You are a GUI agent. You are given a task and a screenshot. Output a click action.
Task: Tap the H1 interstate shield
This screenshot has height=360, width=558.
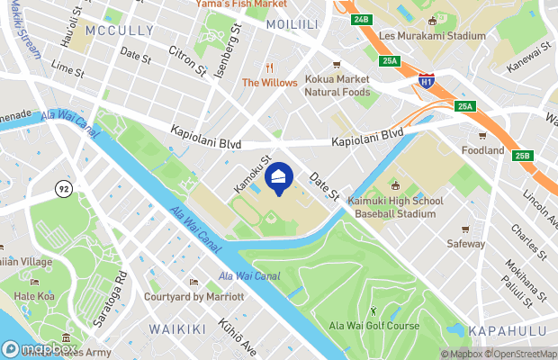[x=426, y=83]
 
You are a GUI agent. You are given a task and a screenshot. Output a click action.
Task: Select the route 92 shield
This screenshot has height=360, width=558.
[x=63, y=189]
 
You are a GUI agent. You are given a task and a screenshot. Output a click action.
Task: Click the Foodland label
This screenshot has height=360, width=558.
[x=482, y=150]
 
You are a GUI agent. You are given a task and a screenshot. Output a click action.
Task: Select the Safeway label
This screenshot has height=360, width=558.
[x=465, y=243]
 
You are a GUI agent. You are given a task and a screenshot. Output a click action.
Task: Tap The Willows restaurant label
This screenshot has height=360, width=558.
[x=269, y=83]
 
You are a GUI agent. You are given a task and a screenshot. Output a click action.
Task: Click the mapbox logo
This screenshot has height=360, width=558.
[x=38, y=348]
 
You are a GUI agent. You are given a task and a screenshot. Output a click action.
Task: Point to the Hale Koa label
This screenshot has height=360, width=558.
[x=36, y=295]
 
